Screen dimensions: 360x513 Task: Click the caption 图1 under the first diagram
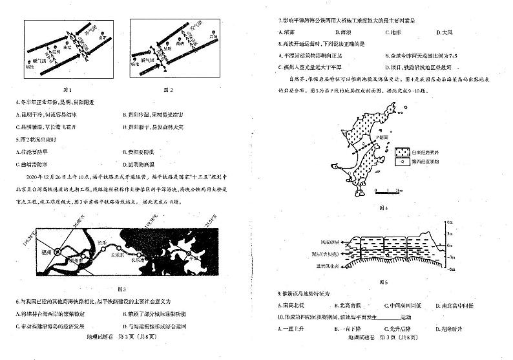pos(66,89)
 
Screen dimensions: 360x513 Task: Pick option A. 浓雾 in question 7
pos(283,32)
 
